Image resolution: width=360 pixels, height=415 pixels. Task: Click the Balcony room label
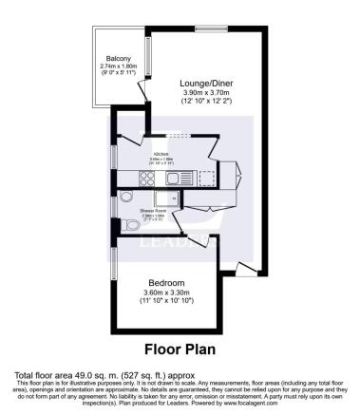coord(119,57)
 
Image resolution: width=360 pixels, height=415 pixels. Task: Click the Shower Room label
coord(155,210)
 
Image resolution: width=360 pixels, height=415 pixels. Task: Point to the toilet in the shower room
coord(130,225)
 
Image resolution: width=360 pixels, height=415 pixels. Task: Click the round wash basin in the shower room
coord(128,202)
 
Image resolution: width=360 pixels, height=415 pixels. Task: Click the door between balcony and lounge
coord(142,91)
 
